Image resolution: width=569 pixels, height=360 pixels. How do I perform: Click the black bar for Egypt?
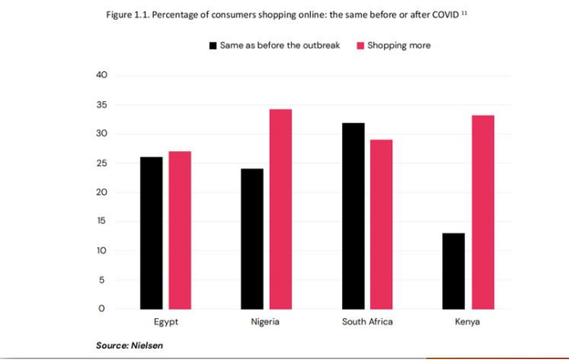[x=151, y=233]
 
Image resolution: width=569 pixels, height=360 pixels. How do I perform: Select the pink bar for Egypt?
[x=179, y=230]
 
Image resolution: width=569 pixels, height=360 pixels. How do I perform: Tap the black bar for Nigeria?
[x=252, y=238]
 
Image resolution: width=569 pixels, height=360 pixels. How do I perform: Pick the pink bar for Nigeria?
[x=280, y=209]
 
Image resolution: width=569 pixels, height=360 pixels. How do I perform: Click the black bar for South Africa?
[x=354, y=215]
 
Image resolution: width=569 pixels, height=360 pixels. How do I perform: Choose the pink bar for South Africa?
[x=382, y=224]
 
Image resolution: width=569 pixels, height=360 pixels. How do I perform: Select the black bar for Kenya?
[x=454, y=270]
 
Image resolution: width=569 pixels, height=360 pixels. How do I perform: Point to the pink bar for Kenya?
[x=483, y=212]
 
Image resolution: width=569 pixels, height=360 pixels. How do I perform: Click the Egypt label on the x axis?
[x=166, y=322]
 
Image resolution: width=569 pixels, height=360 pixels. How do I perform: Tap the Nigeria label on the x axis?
[x=265, y=322]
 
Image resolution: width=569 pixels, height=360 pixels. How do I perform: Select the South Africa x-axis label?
[x=368, y=322]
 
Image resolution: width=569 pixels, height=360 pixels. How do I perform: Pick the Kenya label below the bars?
[x=467, y=322]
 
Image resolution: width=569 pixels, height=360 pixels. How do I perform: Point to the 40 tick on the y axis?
[x=102, y=76]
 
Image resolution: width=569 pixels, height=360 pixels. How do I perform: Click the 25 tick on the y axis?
[x=102, y=164]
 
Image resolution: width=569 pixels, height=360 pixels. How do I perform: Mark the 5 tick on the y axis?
[x=102, y=280]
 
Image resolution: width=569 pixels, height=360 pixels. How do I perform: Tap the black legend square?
[x=213, y=46]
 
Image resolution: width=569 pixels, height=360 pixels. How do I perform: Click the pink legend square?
[x=360, y=46]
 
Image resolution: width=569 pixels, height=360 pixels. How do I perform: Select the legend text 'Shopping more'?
[x=399, y=46]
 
